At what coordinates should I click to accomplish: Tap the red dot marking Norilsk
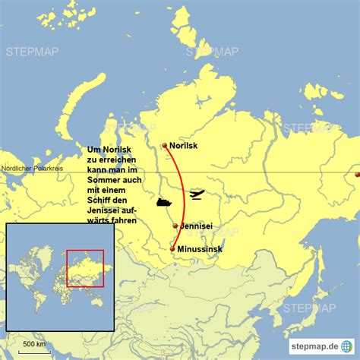click(x=165, y=146)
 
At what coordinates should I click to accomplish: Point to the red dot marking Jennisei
click(x=176, y=226)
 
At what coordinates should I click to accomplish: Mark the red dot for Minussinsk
click(x=173, y=249)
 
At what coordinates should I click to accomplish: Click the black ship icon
click(x=164, y=203)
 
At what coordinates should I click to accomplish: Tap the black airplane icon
click(x=195, y=195)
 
